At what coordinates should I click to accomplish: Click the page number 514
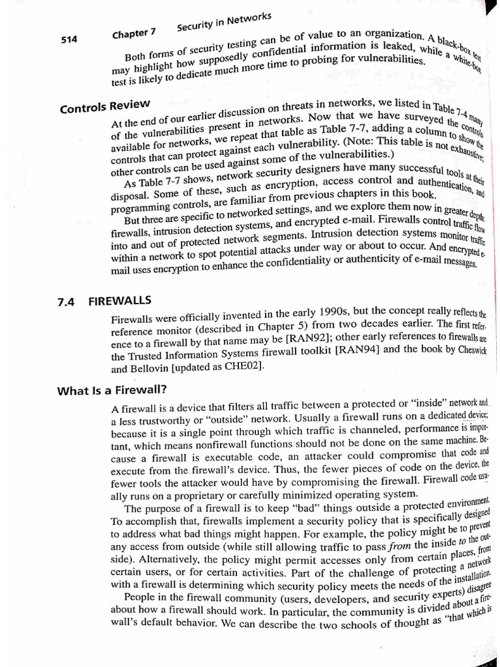(x=70, y=39)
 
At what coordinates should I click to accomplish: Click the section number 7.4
(x=67, y=302)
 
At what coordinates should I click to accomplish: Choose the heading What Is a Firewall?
(x=112, y=390)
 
